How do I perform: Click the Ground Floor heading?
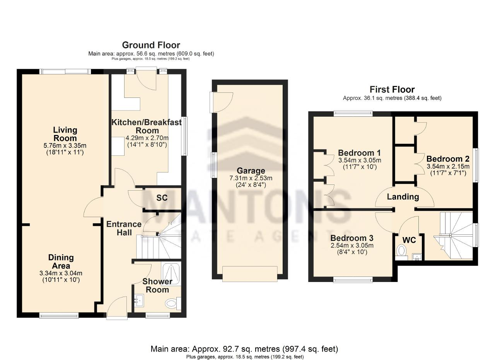[151, 45]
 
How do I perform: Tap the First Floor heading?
[392, 89]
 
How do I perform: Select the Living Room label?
[65, 134]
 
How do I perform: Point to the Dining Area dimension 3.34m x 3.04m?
[61, 273]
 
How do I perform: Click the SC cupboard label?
[162, 198]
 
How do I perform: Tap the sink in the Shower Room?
[139, 300]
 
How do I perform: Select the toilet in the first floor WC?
[401, 253]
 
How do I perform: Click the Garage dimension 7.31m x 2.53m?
[251, 178]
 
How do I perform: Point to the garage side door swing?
[222, 102]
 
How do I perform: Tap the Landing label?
[403, 197]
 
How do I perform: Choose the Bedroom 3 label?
[352, 238]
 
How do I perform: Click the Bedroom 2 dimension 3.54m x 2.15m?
[448, 166]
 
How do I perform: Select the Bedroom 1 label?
[359, 153]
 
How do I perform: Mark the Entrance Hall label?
[124, 228]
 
